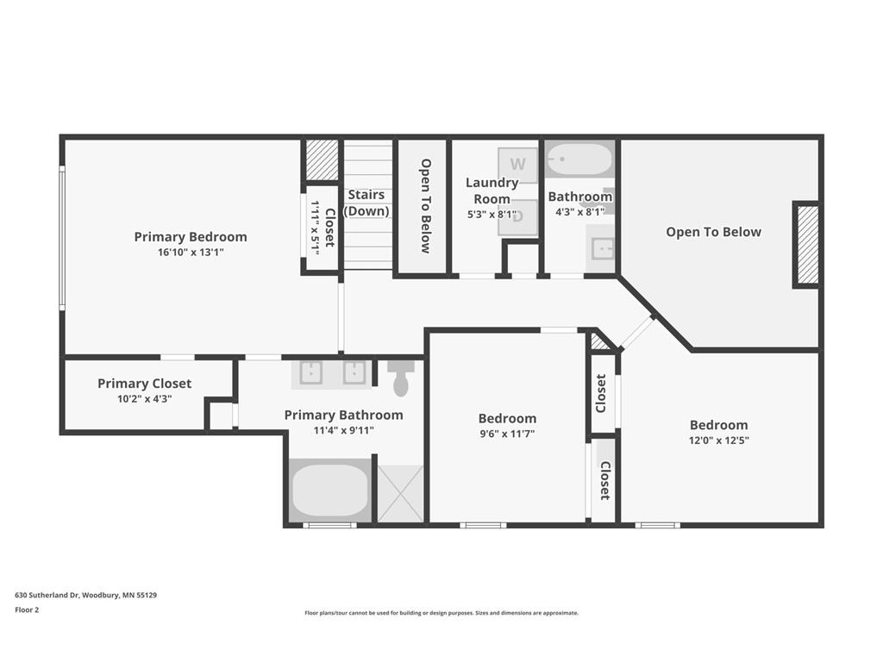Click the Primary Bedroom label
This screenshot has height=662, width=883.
191,237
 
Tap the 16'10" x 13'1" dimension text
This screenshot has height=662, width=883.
191,253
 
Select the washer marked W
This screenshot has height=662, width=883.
517,165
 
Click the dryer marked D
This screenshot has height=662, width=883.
517,217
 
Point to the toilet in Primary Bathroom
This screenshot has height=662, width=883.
401,378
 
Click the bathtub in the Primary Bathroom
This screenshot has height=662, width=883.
330,490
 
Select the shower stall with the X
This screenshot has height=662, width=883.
400,494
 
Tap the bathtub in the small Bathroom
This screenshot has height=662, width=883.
579,159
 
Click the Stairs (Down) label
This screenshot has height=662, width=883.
366,203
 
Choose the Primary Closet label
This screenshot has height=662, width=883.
144,384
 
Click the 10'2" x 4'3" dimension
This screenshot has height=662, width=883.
144,399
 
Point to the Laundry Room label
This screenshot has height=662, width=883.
492,190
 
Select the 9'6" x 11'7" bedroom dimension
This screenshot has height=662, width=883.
507,434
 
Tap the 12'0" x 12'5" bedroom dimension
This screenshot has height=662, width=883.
718,440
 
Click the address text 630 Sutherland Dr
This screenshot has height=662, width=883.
48,595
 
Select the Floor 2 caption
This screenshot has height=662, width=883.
27,609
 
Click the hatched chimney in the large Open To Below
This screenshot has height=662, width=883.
808,245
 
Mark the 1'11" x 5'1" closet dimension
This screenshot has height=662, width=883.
315,228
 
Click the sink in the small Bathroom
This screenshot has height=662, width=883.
601,248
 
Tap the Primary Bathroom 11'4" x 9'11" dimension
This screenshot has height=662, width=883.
343,431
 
